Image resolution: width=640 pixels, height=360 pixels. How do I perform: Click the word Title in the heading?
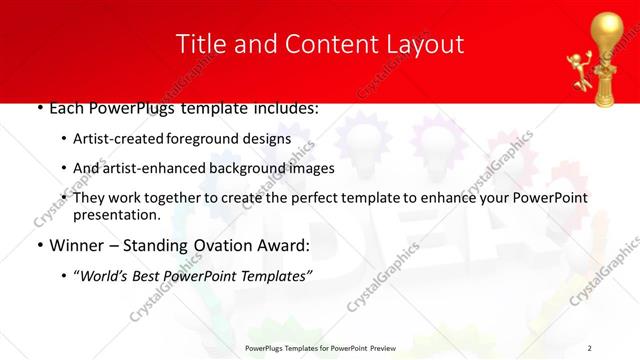pos(198,44)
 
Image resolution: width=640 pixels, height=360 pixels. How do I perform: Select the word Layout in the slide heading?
pos(427,44)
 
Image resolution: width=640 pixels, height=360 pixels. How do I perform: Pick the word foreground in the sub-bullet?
pos(210,139)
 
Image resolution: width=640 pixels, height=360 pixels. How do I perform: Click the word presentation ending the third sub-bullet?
pos(117,215)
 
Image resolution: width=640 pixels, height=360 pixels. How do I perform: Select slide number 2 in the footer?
pos(590,348)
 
